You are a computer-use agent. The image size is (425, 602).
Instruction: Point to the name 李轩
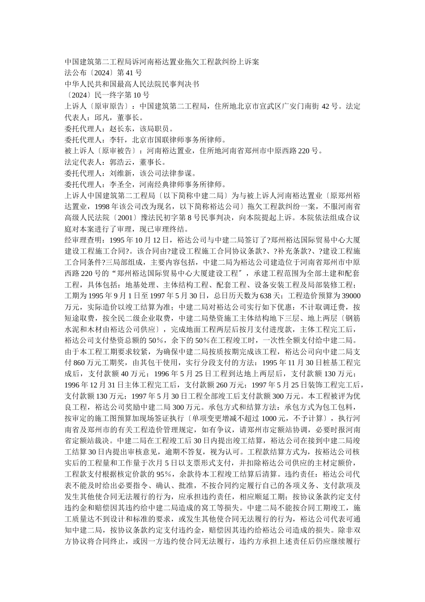[117, 139]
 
